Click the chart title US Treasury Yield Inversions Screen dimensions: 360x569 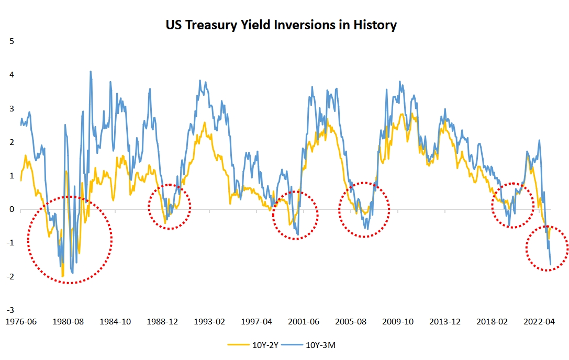pos(281,25)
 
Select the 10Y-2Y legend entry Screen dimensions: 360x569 pos(252,344)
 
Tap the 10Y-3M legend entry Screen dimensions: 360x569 pos(320,344)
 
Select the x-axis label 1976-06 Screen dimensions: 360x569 pos(21,321)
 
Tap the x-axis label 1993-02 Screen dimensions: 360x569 pos(209,321)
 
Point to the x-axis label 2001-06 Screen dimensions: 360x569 pos(304,321)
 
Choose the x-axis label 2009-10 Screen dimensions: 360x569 pos(398,321)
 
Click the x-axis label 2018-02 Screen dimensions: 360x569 pos(493,321)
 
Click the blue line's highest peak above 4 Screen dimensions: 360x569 pos(91,72)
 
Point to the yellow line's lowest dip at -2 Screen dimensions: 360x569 pos(63,276)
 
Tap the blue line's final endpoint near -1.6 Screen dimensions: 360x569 pos(550,264)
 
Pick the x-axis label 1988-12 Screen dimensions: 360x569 pos(162,321)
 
